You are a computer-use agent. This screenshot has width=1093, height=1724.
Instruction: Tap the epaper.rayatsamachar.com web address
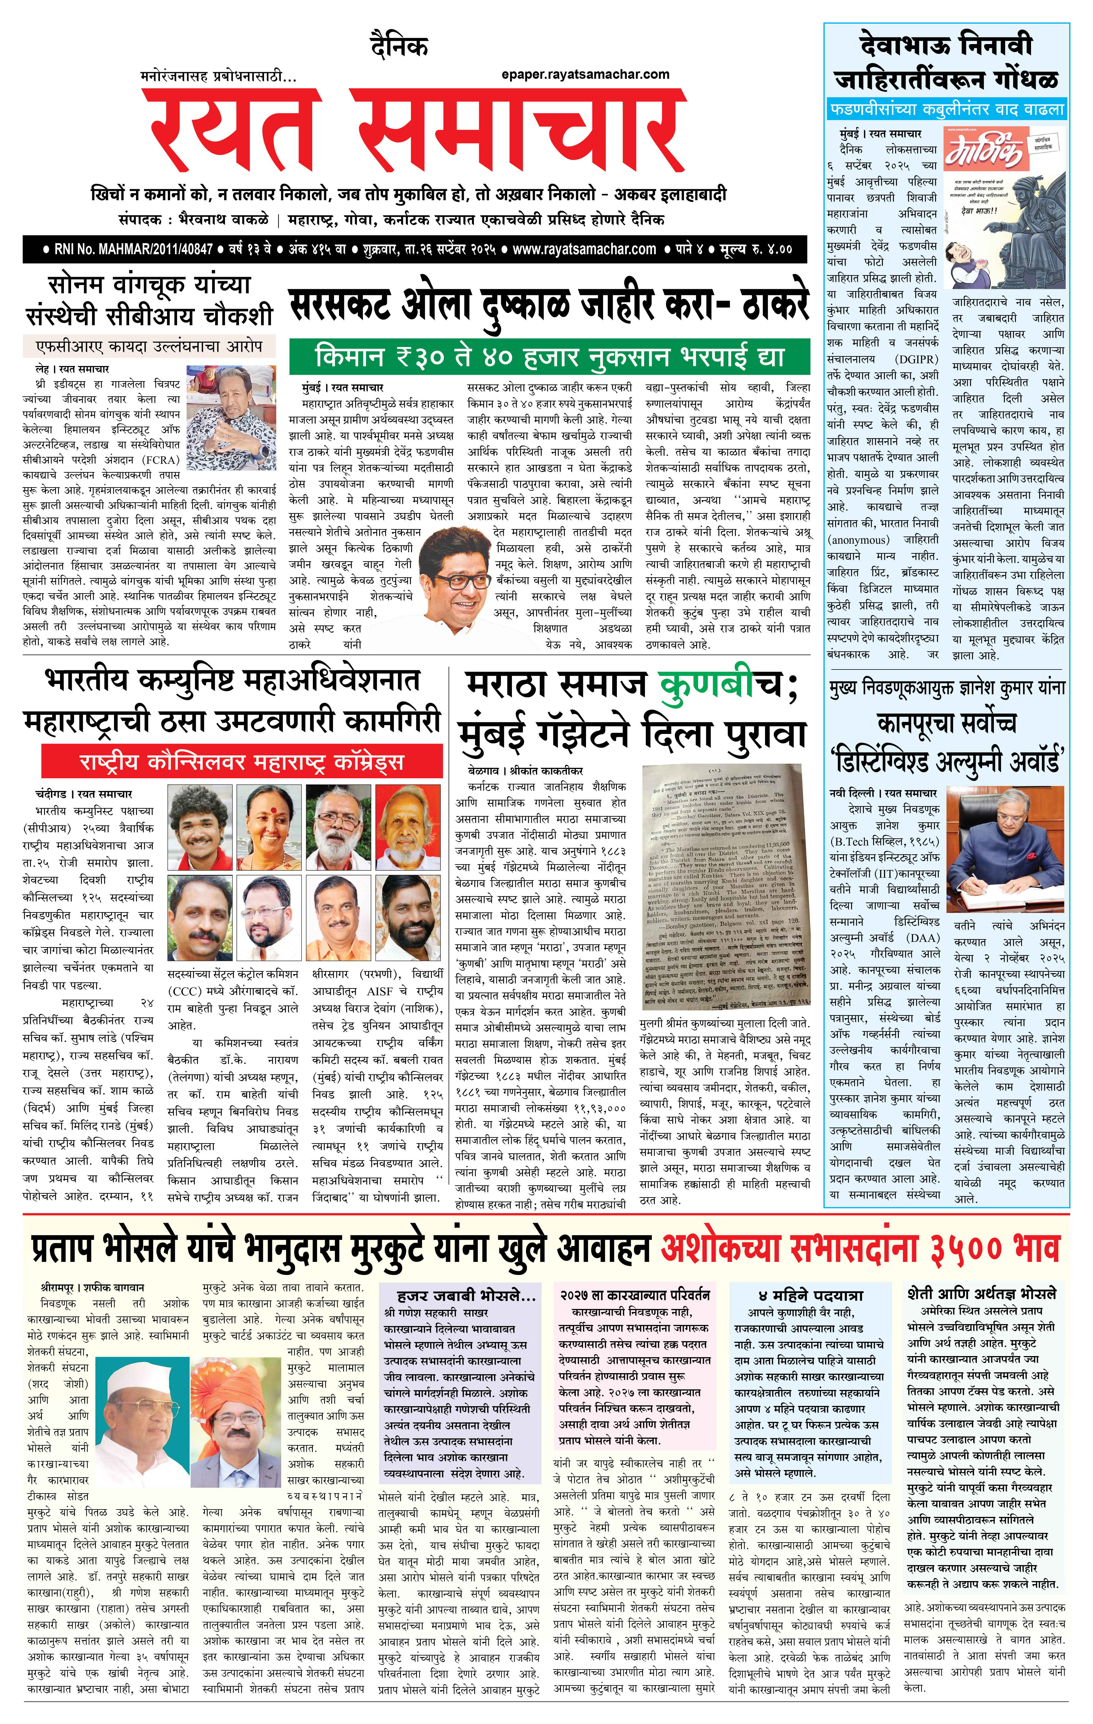(x=585, y=74)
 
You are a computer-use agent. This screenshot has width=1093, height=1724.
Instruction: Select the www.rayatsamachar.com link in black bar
(x=584, y=249)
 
